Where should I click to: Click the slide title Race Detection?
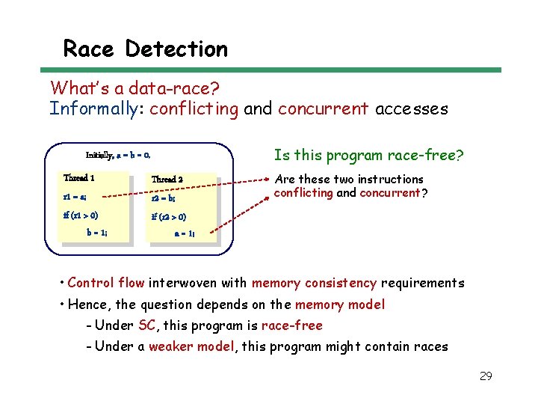point(145,49)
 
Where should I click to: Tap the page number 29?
point(485,376)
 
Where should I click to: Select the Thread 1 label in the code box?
point(79,178)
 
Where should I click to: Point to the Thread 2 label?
point(167,180)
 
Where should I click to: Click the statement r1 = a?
point(75,198)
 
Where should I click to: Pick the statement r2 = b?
point(164,198)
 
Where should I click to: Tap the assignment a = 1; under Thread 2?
point(185,233)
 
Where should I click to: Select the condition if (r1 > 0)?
point(81,215)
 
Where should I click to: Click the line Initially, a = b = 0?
point(118,156)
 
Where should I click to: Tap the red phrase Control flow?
point(106,283)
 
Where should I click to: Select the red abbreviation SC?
point(146,325)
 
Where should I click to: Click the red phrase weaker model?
point(190,346)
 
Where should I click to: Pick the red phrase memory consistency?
point(314,283)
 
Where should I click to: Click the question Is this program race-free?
point(368,156)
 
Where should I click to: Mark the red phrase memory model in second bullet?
point(340,304)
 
